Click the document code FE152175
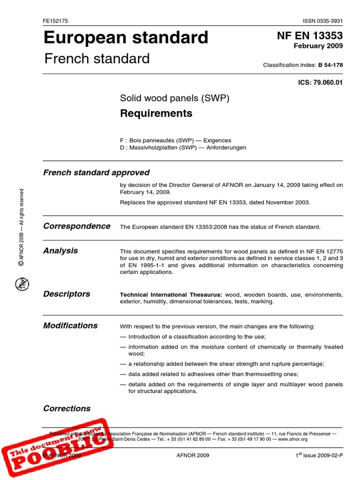click(x=55, y=22)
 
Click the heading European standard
click(x=126, y=37)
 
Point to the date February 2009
click(x=318, y=46)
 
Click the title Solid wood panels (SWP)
click(x=174, y=98)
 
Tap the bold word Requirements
click(x=156, y=113)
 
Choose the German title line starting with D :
click(x=183, y=147)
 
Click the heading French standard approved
click(x=96, y=172)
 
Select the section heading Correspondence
click(x=77, y=226)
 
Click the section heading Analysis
click(x=60, y=251)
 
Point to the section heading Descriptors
click(x=67, y=294)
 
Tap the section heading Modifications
click(x=70, y=326)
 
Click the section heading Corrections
click(x=67, y=408)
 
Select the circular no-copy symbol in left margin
click(x=21, y=283)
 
